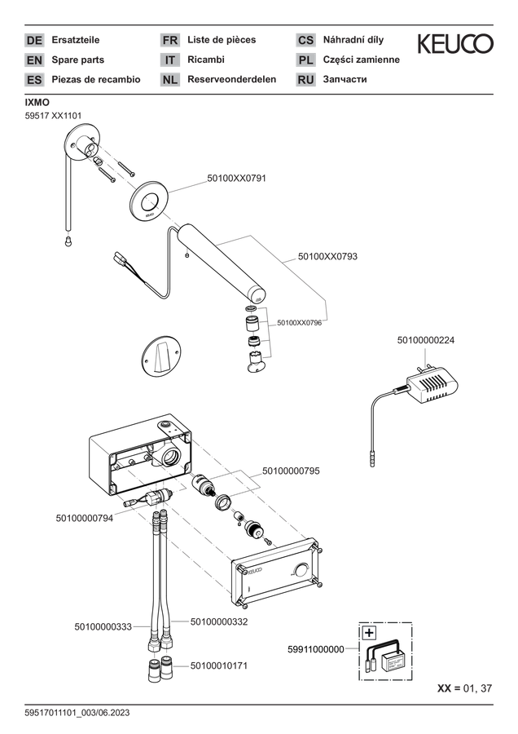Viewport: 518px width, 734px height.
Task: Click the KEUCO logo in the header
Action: [455, 43]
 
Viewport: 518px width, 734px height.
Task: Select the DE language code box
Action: [34, 40]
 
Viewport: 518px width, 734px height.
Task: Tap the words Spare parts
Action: [77, 60]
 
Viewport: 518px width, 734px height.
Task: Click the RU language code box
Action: [305, 80]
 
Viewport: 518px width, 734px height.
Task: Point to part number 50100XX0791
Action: [236, 179]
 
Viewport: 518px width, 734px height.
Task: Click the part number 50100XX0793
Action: [327, 257]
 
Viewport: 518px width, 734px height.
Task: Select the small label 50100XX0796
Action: [299, 323]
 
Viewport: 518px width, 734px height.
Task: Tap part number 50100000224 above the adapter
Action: [425, 340]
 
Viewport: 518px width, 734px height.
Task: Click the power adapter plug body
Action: [432, 387]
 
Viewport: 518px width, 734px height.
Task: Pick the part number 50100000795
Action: [291, 471]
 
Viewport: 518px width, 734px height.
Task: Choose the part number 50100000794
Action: [84, 518]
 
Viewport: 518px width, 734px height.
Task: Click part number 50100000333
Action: [103, 626]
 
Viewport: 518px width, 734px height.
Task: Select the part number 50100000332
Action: [219, 621]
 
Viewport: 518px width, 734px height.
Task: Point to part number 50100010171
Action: [219, 665]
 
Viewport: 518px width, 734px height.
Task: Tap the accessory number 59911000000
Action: [315, 649]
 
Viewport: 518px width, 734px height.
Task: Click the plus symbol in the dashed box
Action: [369, 633]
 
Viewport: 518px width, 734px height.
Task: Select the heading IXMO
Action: [37, 103]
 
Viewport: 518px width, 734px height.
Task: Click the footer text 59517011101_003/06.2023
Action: [77, 713]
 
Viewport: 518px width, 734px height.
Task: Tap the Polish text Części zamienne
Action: [362, 60]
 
